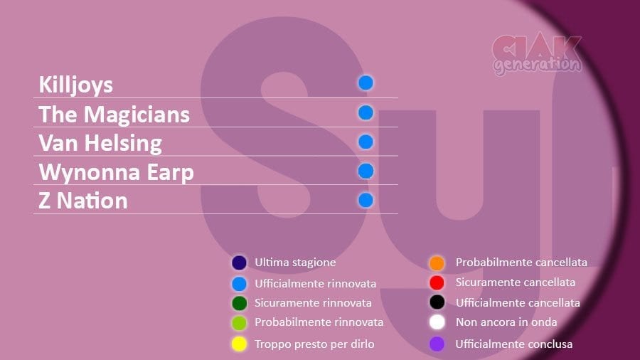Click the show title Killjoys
coord(75,85)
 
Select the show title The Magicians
coord(114,115)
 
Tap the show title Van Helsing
coord(100,144)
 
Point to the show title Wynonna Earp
coord(116,173)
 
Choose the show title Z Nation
coord(83,201)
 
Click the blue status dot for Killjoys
coord(366,83)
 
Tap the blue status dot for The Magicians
coord(366,112)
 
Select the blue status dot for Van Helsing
coord(366,142)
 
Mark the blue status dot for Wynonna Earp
coord(366,171)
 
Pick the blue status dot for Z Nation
coord(366,201)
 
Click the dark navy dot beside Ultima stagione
coord(239,263)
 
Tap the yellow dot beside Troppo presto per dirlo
coord(239,344)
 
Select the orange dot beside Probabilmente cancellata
coord(437,263)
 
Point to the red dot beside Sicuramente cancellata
coord(437,282)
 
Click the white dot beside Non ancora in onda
coord(437,322)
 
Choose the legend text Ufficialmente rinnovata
coord(316,283)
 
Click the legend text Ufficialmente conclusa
coord(514,344)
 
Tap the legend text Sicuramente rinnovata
coord(313,303)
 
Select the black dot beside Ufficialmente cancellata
coord(437,302)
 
